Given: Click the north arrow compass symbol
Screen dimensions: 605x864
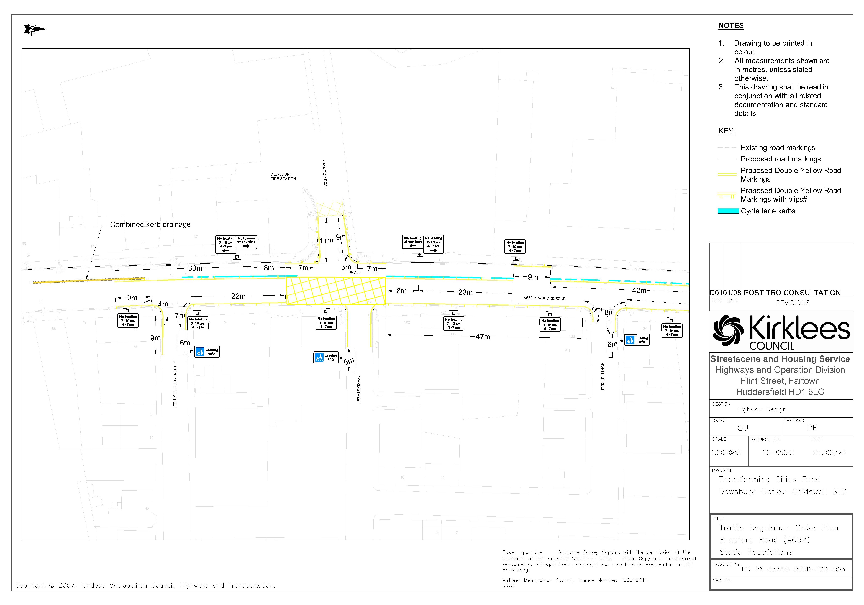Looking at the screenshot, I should (35, 29).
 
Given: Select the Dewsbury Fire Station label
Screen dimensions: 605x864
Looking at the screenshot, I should (283, 176).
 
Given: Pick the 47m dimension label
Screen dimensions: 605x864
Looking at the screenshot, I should (483, 337).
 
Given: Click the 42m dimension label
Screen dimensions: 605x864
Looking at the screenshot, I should (639, 290).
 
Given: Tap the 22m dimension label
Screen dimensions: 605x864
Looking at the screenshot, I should (238, 296).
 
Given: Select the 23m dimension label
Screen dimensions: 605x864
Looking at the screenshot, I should (465, 292).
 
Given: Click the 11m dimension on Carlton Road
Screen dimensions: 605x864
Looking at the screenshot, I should (326, 240).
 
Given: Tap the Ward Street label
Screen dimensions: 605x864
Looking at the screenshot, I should (358, 389).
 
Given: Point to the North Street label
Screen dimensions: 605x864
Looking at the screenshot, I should (603, 376).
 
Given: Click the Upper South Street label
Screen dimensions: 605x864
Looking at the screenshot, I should (175, 387).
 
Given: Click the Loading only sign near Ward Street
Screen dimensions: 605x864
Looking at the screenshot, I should (326, 357).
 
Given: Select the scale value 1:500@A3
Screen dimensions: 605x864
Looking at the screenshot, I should (726, 453).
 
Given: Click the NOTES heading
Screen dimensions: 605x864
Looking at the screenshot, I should (731, 26).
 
